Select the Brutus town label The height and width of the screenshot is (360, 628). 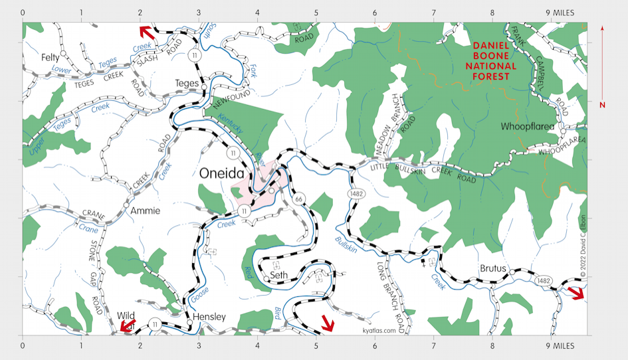click(x=493, y=269)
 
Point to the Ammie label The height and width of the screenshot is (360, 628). click(x=145, y=211)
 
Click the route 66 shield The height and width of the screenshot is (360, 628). click(x=299, y=199)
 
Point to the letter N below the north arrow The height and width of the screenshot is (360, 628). click(x=602, y=104)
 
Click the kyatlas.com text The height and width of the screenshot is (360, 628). click(x=379, y=330)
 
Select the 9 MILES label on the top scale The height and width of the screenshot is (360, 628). click(x=560, y=13)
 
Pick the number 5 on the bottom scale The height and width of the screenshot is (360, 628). click(x=316, y=346)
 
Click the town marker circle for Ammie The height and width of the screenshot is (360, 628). click(x=126, y=206)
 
